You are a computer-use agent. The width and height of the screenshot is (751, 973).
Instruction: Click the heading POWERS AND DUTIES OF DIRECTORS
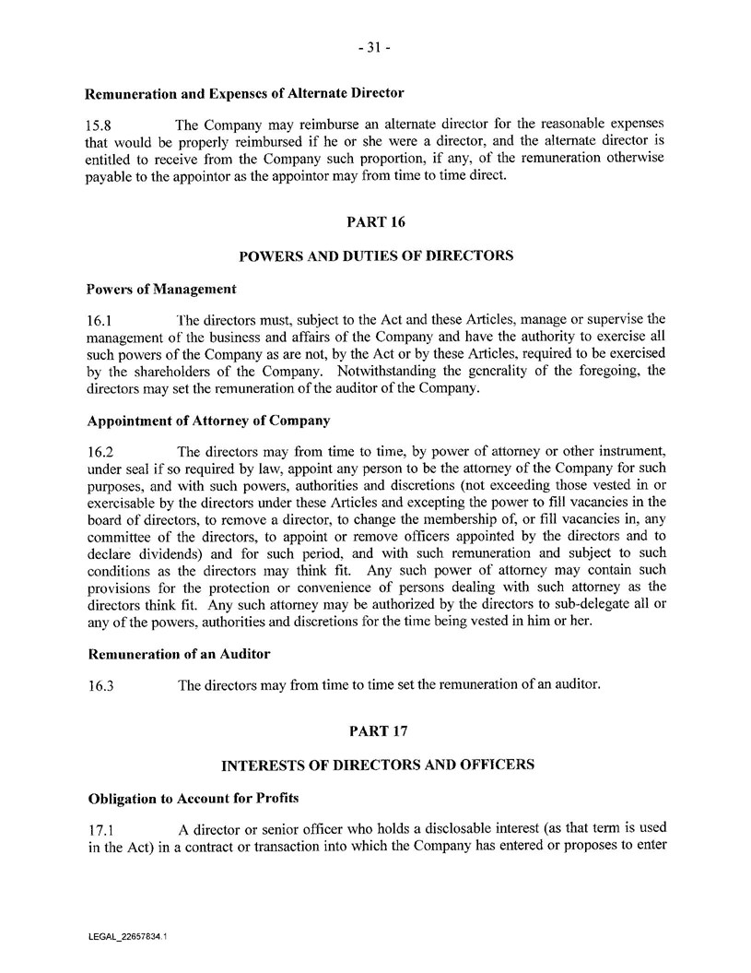(375, 255)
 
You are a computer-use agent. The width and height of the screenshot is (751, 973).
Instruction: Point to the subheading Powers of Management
(161, 290)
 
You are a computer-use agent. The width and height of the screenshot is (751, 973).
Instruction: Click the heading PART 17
(375, 730)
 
